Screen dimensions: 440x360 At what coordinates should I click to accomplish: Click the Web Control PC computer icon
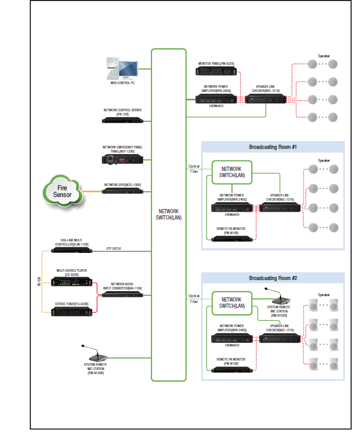click(122, 68)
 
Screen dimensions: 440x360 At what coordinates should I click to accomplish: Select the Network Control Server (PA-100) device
click(122, 120)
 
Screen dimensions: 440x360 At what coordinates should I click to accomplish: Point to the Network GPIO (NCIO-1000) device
click(122, 191)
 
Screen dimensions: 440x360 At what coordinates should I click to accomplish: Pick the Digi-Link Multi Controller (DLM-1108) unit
click(72, 250)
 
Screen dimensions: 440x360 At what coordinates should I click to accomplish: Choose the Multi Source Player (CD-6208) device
click(72, 281)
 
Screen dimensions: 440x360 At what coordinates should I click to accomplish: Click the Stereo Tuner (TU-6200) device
click(72, 312)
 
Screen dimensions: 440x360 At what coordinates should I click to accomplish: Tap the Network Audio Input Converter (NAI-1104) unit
click(122, 295)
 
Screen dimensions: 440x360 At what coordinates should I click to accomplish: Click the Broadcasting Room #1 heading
click(273, 147)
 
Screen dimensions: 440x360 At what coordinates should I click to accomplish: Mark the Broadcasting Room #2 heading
click(273, 278)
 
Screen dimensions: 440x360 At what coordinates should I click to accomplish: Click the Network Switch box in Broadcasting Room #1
click(232, 172)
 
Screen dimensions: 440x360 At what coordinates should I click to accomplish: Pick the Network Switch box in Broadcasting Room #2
click(231, 303)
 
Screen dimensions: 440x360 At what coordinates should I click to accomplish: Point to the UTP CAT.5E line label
click(114, 248)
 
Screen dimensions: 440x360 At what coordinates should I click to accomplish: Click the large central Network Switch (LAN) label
click(168, 215)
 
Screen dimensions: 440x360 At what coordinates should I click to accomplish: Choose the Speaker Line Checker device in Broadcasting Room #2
click(280, 339)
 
